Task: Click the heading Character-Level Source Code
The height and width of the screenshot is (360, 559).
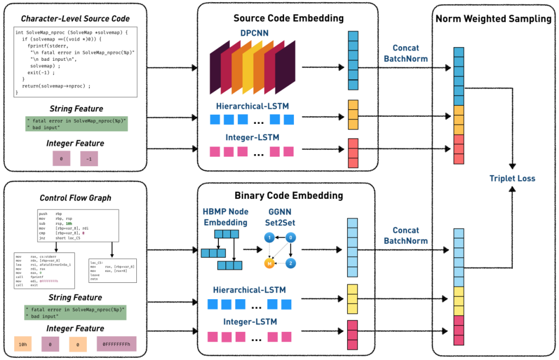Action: [76, 19]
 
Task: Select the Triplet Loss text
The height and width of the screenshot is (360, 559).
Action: [512, 178]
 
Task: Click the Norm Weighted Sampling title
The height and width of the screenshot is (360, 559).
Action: [493, 19]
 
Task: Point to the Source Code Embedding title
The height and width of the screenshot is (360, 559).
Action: [288, 18]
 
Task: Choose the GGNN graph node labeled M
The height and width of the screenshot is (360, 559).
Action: [268, 264]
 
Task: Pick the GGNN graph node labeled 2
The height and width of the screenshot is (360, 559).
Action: [292, 263]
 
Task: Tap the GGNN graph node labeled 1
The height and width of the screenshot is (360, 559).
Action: [268, 237]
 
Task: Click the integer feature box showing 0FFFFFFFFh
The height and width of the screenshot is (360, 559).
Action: [117, 344]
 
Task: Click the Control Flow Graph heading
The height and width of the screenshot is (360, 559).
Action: [76, 198]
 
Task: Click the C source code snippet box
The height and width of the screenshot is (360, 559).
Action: [76, 62]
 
